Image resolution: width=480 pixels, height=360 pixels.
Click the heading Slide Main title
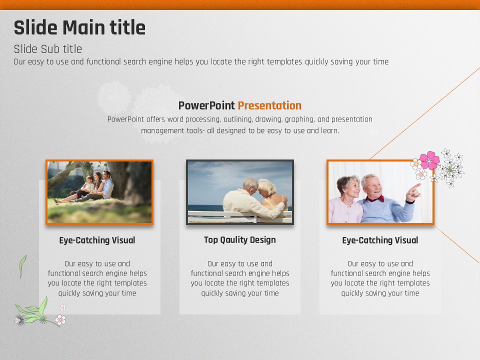coord(79,27)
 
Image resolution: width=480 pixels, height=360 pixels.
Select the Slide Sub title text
coord(48,49)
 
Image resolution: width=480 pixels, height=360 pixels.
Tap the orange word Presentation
coord(269,105)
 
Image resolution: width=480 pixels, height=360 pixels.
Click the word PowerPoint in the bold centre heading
coord(206,105)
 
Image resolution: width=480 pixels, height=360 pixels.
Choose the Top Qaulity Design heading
coord(240,239)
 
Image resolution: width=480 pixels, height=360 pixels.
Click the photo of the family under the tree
coord(99,192)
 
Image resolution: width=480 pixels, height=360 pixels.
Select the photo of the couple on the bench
coord(240,192)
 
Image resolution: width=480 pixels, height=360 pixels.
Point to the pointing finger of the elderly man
coord(416,186)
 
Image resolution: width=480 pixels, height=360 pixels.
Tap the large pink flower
coord(429,160)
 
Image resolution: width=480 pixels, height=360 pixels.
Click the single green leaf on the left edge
coord(22,265)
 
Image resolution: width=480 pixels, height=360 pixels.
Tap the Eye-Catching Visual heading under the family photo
coord(97,240)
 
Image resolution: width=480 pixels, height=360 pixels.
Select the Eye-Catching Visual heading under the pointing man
coord(380,240)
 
